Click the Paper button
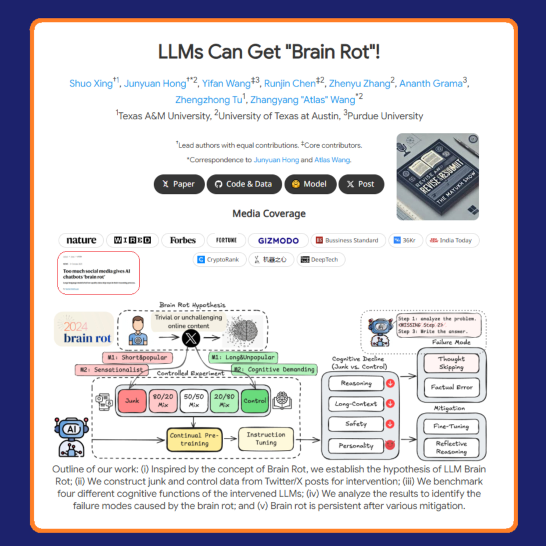tap(179, 184)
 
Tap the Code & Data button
tap(244, 184)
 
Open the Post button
tap(361, 184)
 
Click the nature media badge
tap(81, 240)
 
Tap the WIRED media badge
tap(132, 240)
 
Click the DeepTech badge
tap(321, 259)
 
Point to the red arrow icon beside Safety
tap(390, 424)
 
